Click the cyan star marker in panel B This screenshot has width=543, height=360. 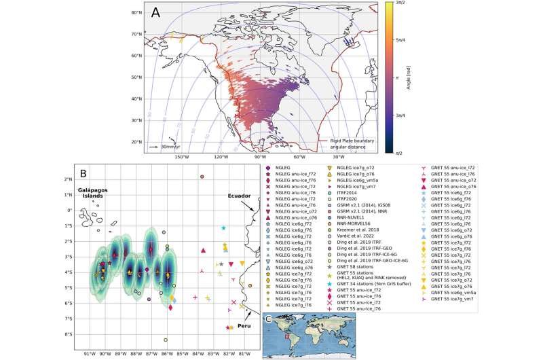pyautogui.click(x=223, y=228)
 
